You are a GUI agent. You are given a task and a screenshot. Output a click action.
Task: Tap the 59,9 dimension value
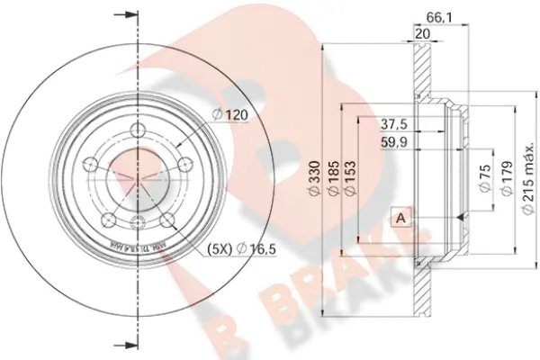pyautogui.click(x=391, y=141)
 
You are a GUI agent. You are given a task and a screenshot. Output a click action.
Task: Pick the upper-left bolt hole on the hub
pyautogui.click(x=92, y=164)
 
